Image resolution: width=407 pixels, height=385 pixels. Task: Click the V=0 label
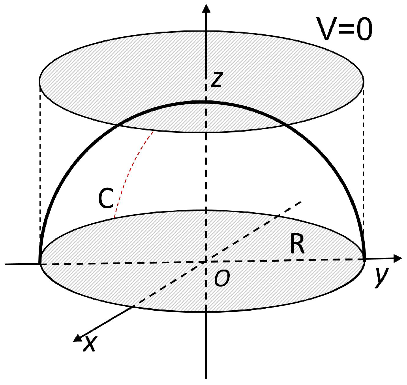[x=346, y=30]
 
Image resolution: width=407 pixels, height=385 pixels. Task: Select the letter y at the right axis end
[x=380, y=278]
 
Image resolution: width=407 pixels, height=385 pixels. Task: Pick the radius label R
[x=296, y=246]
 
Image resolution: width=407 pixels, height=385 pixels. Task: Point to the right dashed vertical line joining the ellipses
[x=363, y=166]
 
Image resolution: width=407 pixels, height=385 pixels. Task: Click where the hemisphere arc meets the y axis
[x=364, y=259]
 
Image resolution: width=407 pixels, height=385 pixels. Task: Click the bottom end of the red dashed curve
[x=114, y=218]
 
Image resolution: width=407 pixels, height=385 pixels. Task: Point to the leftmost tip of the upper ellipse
[x=39, y=82]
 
